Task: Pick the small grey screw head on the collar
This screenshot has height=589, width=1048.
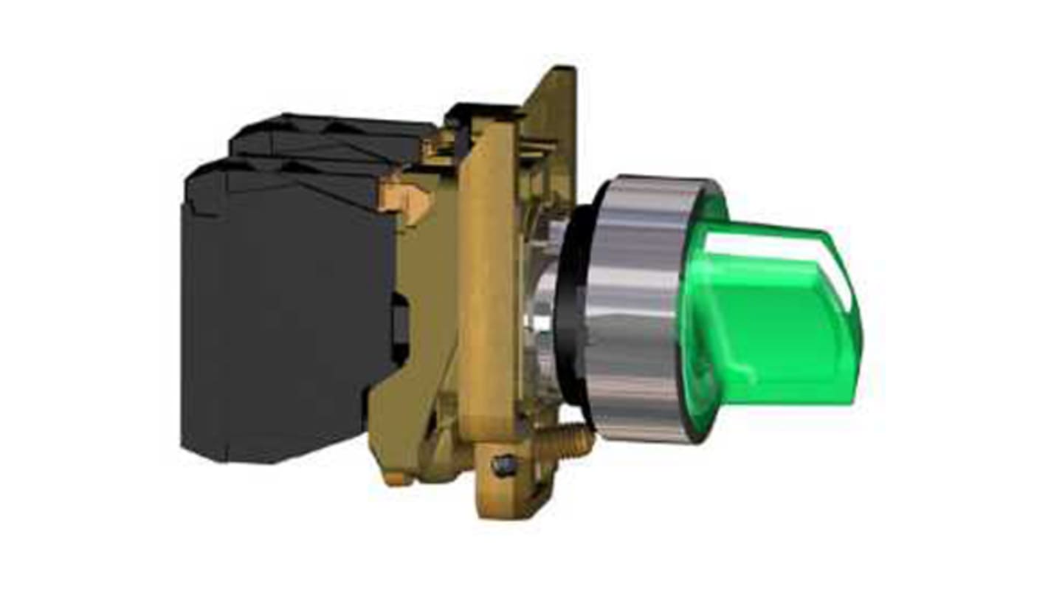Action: click(506, 465)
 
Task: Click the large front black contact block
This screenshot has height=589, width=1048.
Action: click(288, 317)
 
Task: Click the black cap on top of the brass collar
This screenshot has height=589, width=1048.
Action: click(480, 113)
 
